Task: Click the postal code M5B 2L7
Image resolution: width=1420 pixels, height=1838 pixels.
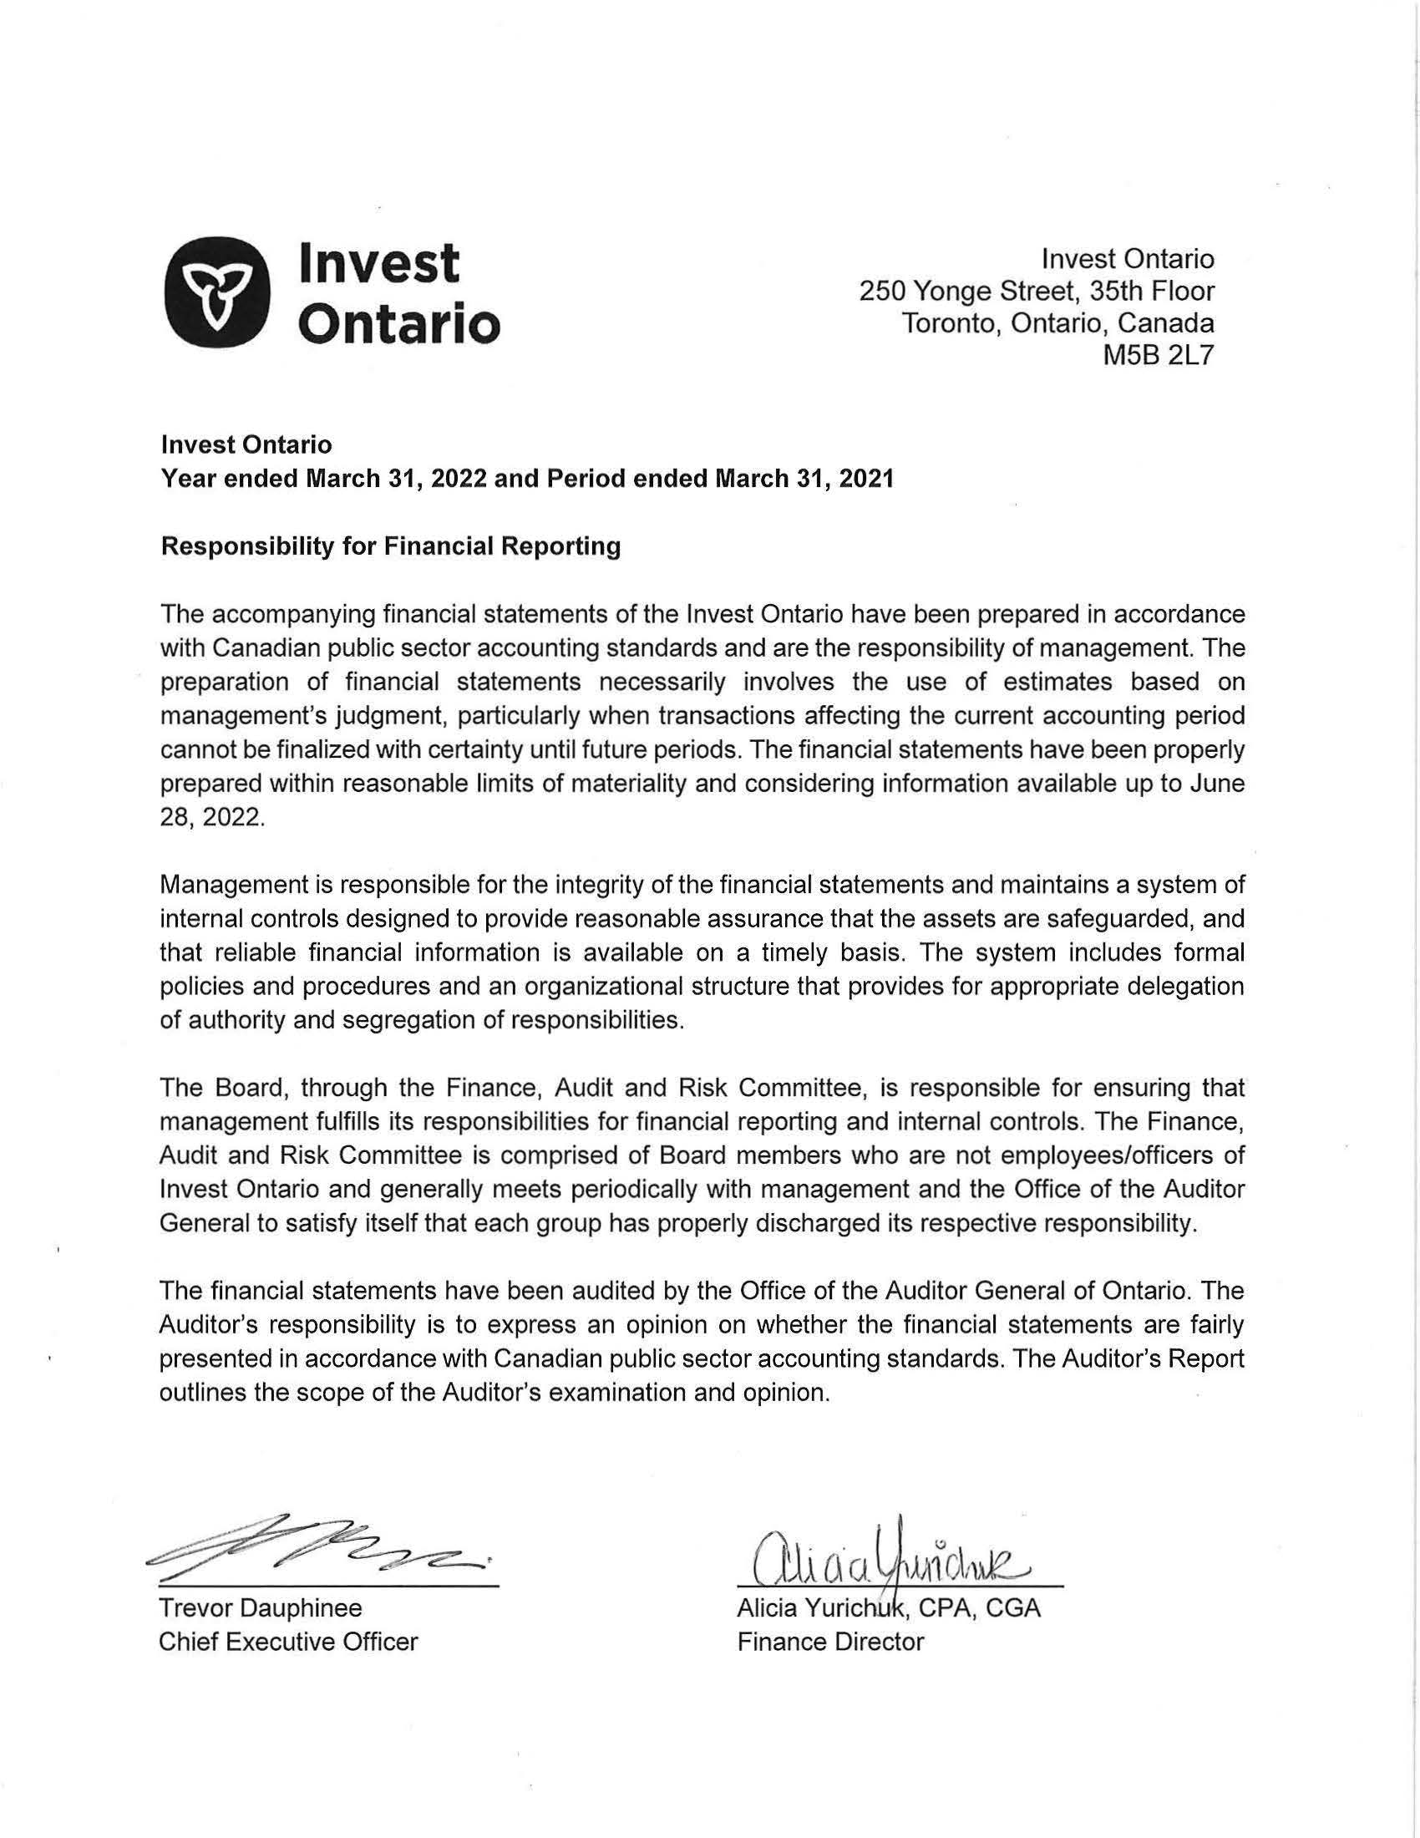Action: (1159, 357)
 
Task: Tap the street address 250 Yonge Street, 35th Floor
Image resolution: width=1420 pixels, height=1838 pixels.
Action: (1037, 292)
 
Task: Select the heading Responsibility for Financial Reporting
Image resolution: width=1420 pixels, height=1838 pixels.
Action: (390, 547)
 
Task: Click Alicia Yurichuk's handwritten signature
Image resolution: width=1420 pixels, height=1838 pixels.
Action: (892, 1559)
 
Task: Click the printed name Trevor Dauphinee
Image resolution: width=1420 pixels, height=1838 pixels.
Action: (261, 1608)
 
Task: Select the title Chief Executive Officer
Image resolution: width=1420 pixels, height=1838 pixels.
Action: (287, 1642)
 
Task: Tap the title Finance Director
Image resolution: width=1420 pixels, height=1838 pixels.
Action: (830, 1642)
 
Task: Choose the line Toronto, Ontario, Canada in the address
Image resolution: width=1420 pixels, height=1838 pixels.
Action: (1057, 324)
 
